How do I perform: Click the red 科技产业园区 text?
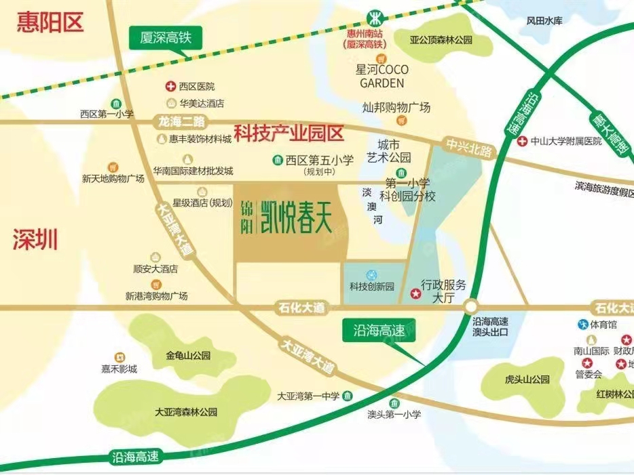point(289,131)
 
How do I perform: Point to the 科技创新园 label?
point(371,286)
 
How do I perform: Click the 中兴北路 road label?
point(468,147)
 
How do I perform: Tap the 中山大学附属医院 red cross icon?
point(521,142)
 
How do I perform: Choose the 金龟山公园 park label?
point(188,355)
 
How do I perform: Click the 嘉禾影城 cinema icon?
point(119,356)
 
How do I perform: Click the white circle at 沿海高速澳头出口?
point(472,307)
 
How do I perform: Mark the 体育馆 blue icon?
point(582,324)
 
